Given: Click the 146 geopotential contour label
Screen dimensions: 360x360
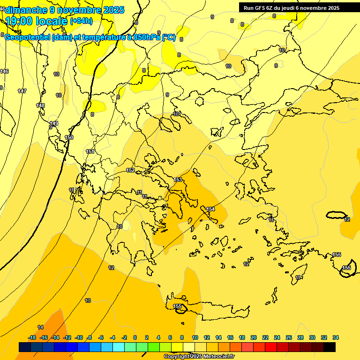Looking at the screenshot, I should pos(4,71).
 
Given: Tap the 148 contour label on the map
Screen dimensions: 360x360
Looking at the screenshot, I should pos(41,105).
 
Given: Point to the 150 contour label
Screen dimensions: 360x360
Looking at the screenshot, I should pos(69,137).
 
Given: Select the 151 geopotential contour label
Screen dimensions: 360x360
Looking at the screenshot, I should pos(90,151).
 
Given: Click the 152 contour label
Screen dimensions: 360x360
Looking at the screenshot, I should pos(131,170).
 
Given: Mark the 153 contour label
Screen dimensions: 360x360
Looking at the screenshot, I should pos(178,180).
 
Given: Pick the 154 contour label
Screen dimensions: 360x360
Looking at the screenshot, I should pos(210,209).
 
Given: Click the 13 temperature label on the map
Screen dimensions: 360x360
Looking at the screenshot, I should pos(88,300).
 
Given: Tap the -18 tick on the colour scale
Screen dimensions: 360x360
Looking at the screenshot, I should pos(32,337).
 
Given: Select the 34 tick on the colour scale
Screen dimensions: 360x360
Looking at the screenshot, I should pos(336,337).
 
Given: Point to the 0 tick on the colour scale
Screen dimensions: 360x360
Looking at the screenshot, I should pos(135,337).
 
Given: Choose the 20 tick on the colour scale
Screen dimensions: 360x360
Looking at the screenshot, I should pos(254,337).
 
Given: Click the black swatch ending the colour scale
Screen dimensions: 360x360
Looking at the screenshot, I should pos(330,347).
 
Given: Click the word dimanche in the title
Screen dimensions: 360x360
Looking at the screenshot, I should pos(26,10).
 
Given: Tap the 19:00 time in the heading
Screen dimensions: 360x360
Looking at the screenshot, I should pos(19,21).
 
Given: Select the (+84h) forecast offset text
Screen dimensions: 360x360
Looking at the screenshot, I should pos(81,21).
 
